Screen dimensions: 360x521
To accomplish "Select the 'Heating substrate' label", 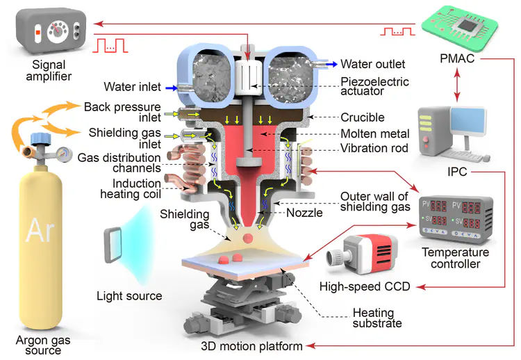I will (377, 318).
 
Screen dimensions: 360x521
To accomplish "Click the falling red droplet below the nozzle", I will (247, 238).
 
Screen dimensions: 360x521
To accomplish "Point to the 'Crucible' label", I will (362, 117).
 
